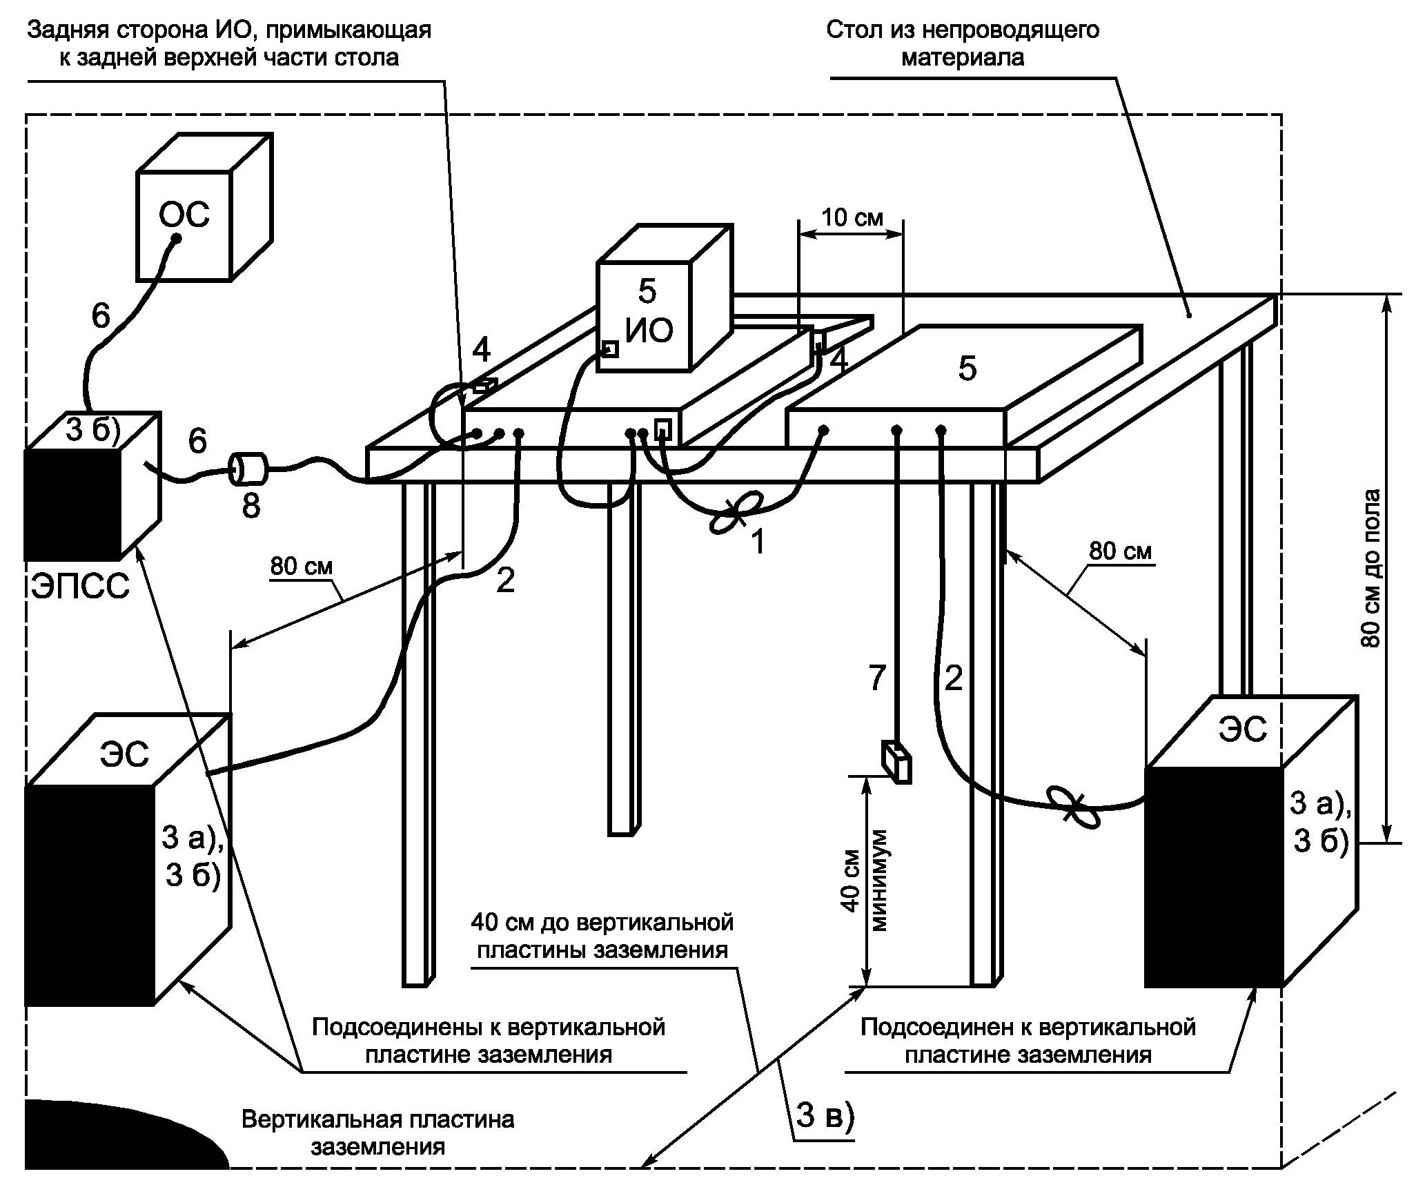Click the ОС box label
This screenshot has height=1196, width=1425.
tap(184, 215)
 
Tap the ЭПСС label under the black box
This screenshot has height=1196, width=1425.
tap(80, 588)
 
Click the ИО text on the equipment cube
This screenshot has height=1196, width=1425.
tap(649, 332)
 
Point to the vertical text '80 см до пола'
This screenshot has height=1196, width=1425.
tap(1371, 568)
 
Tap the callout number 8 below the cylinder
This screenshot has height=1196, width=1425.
tap(250, 505)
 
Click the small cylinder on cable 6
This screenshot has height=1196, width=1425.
tap(248, 469)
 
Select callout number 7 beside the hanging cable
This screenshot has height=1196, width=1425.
tap(876, 680)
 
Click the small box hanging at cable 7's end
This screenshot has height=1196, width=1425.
tap(896, 762)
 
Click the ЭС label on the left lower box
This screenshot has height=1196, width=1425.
tap(125, 754)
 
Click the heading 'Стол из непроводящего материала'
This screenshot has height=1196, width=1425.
tap(963, 43)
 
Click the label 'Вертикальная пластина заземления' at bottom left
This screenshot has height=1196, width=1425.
tap(377, 1133)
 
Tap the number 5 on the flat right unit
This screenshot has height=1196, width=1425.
tap(967, 369)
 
